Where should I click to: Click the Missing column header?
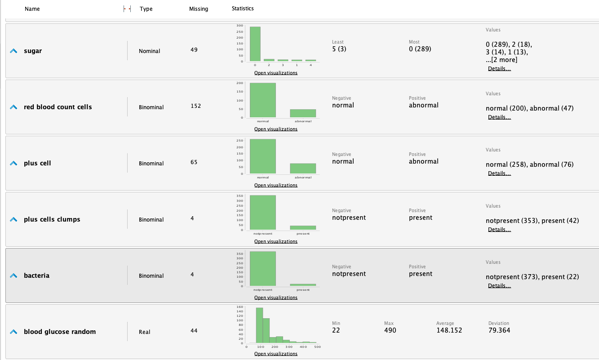coord(199,9)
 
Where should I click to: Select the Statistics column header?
coord(243,9)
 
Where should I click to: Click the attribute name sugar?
coord(33,51)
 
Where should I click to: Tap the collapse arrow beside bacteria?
coord(13,276)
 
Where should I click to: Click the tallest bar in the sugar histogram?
coord(255,44)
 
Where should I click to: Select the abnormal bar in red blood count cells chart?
coord(303,113)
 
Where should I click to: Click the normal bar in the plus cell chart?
coord(263,156)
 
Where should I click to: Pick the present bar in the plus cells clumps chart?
coord(303,227)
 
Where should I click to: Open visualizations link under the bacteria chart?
coord(276,298)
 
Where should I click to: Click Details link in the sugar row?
coord(499,69)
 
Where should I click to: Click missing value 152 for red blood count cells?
coord(196,106)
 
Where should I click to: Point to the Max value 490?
coord(390,330)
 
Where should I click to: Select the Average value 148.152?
coord(449,330)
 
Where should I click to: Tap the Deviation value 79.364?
coord(499,330)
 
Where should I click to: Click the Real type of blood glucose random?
coord(145,332)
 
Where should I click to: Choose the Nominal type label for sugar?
coord(150,51)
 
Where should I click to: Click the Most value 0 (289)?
coord(420,49)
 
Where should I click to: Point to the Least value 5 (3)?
coord(339,49)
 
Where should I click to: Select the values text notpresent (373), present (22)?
coord(532,277)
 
